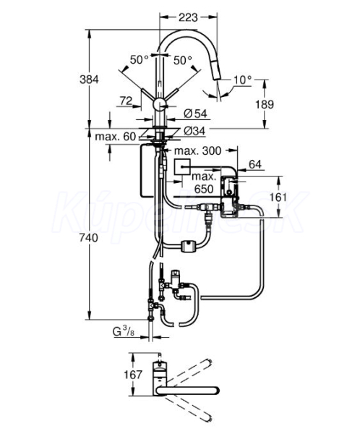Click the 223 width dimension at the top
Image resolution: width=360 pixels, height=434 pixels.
coord(188,17)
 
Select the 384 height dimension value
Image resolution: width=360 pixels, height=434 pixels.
coord(89,80)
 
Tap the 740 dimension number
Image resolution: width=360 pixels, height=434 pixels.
coord(89,238)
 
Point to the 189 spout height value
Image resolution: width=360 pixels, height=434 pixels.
coord(265,104)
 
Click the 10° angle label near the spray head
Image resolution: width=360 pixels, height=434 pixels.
coord(243,80)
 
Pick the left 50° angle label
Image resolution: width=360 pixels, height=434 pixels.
coord(140,59)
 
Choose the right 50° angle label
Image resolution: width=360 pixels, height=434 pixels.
coord(183,60)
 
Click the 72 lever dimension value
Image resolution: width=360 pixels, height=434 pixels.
coord(126,101)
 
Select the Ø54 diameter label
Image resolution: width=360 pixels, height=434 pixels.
coord(195,114)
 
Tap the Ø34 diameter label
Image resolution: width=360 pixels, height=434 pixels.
coord(194,131)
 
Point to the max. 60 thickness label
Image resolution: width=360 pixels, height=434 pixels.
coord(116,137)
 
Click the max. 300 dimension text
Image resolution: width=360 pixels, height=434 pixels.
coord(198,151)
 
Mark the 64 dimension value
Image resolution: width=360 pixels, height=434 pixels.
coord(255,164)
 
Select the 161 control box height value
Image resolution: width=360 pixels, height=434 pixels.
coord(278,197)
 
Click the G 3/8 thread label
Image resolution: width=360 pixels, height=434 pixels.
coord(124,331)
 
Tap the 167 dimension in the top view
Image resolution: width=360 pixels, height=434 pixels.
coord(133,375)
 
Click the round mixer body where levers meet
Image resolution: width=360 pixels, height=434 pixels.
coord(160,105)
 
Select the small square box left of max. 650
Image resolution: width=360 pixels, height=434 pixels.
coord(182,167)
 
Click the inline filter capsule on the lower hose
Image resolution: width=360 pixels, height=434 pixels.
coord(189,247)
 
